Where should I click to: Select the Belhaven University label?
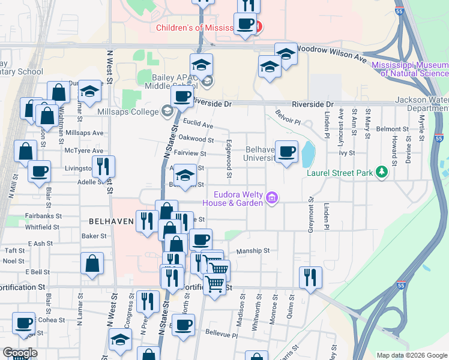pos(261,154)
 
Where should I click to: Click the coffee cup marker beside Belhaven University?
pos(287,152)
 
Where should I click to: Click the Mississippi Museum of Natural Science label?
pos(410,69)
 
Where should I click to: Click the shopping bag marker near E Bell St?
pos(92,263)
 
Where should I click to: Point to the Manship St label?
pos(255,251)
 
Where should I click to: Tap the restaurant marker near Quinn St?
pos(310,277)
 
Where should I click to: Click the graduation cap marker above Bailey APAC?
pos(202,64)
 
